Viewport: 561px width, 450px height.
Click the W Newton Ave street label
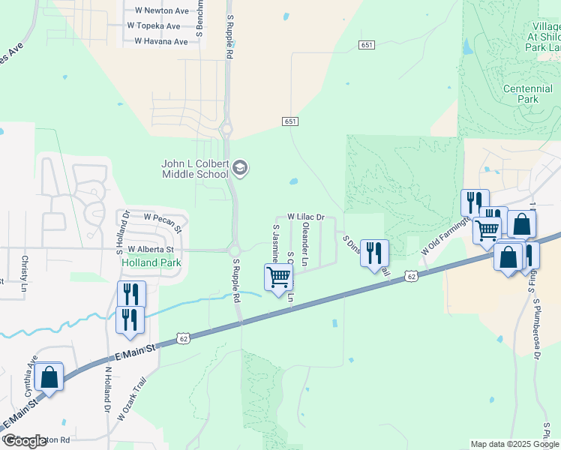(x=161, y=10)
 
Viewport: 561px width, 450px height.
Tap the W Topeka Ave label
(x=157, y=26)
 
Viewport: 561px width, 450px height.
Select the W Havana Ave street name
(x=161, y=41)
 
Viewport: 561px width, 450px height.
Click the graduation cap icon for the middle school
(x=240, y=167)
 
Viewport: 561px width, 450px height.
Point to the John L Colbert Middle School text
(x=195, y=169)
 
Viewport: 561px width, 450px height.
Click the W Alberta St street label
(x=151, y=249)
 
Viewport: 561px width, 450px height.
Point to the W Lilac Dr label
(x=305, y=217)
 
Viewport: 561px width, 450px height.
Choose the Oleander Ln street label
(x=304, y=245)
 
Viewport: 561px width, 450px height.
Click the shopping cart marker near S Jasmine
(x=278, y=277)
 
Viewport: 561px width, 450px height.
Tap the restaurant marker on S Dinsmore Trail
(x=374, y=252)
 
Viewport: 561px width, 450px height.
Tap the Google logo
(x=25, y=441)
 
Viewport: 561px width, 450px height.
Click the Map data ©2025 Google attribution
(x=514, y=444)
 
